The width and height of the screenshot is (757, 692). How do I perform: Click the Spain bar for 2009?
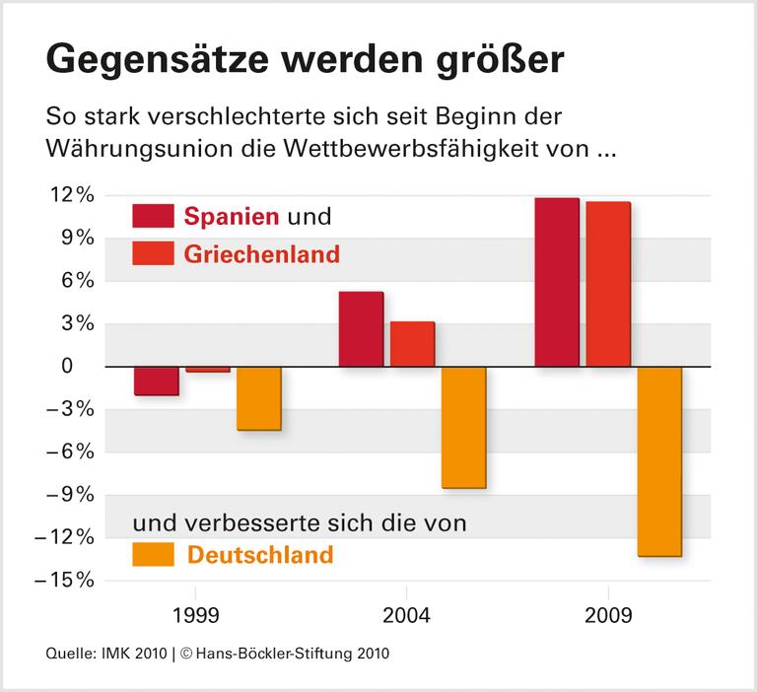(556, 282)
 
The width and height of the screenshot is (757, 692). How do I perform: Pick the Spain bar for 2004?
(361, 329)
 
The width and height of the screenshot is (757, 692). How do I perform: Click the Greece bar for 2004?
(412, 344)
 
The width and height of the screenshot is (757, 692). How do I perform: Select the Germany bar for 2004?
(463, 427)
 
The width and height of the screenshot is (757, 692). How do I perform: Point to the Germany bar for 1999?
(259, 398)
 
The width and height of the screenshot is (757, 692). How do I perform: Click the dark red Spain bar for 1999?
(157, 381)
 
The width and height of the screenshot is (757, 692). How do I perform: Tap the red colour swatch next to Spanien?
(153, 216)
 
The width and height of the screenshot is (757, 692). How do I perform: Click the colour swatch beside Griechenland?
(153, 254)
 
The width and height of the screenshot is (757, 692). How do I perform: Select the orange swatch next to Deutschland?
(153, 554)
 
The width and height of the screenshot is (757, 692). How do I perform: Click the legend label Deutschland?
(260, 555)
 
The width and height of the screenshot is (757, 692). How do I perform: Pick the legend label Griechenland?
(261, 254)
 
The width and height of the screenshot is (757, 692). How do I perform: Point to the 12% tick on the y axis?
(74, 195)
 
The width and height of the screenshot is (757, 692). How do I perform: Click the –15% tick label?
(67, 581)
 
